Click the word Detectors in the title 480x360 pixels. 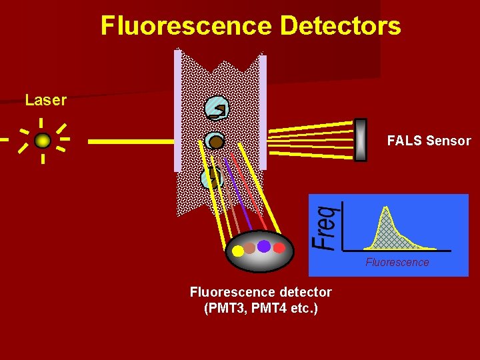point(341,26)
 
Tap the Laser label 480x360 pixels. point(45,101)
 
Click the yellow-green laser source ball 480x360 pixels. point(43,141)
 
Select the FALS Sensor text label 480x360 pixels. point(429,141)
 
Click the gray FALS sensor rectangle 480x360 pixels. point(361,140)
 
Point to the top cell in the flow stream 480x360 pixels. point(217,109)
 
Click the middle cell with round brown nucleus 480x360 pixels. point(215,141)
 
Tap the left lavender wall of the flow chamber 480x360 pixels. point(178,111)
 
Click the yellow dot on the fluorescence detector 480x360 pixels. point(237,251)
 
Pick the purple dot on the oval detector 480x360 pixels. point(264,246)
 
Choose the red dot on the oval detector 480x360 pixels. point(279,248)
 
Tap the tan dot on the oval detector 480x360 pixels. point(250,248)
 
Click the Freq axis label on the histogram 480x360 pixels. point(326,227)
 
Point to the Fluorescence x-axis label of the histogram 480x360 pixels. point(397,262)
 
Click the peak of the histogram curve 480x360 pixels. point(385,209)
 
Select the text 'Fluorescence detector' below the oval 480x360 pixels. point(261,292)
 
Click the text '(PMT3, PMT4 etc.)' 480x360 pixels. point(261,308)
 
